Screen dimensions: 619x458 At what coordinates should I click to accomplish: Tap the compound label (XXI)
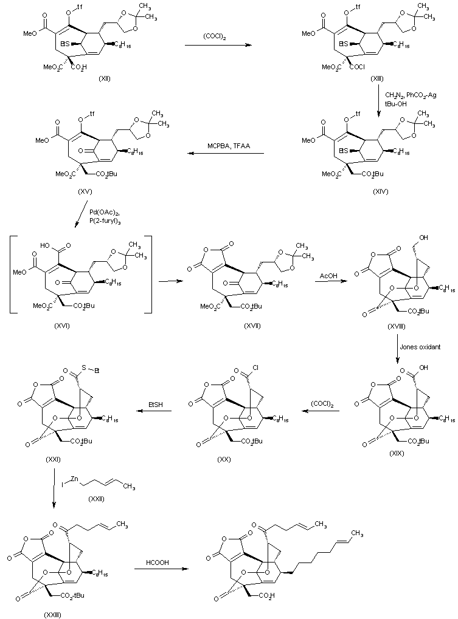tap(52, 460)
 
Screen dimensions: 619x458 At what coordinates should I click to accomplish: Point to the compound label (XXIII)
tap(52, 614)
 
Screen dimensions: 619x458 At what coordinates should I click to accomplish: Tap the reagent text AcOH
tap(330, 276)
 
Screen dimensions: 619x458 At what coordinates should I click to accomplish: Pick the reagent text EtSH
tap(154, 404)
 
